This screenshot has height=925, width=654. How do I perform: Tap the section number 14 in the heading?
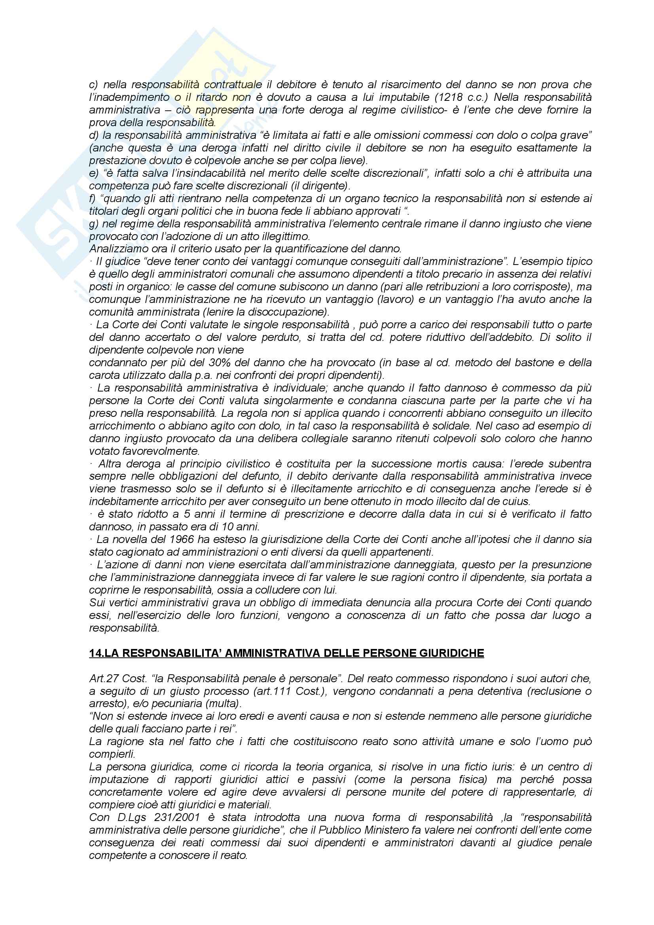point(95,653)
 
